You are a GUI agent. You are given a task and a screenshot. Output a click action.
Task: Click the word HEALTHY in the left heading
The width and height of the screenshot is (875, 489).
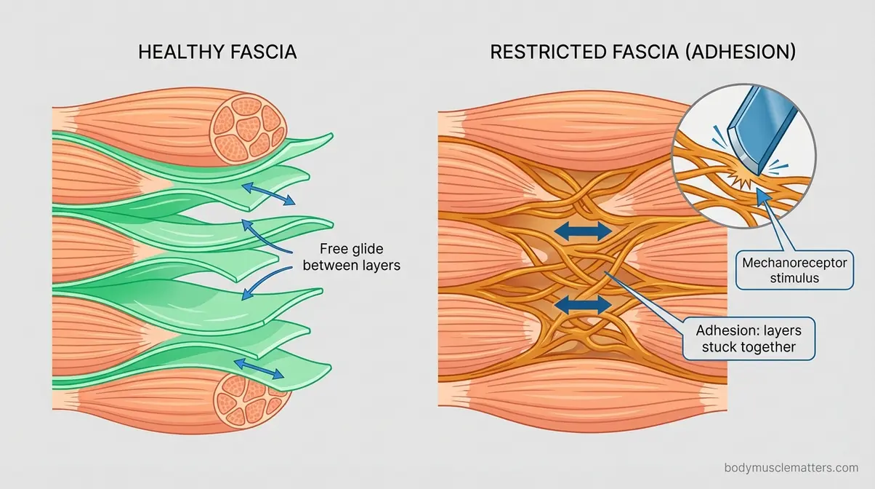175,53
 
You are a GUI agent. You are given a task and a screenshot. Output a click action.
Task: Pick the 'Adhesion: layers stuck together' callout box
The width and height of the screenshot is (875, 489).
746,338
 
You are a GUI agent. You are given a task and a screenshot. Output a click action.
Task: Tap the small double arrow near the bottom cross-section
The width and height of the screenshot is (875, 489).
258,368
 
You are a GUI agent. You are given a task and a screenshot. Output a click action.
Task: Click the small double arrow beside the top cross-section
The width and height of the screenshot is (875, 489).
268,192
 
